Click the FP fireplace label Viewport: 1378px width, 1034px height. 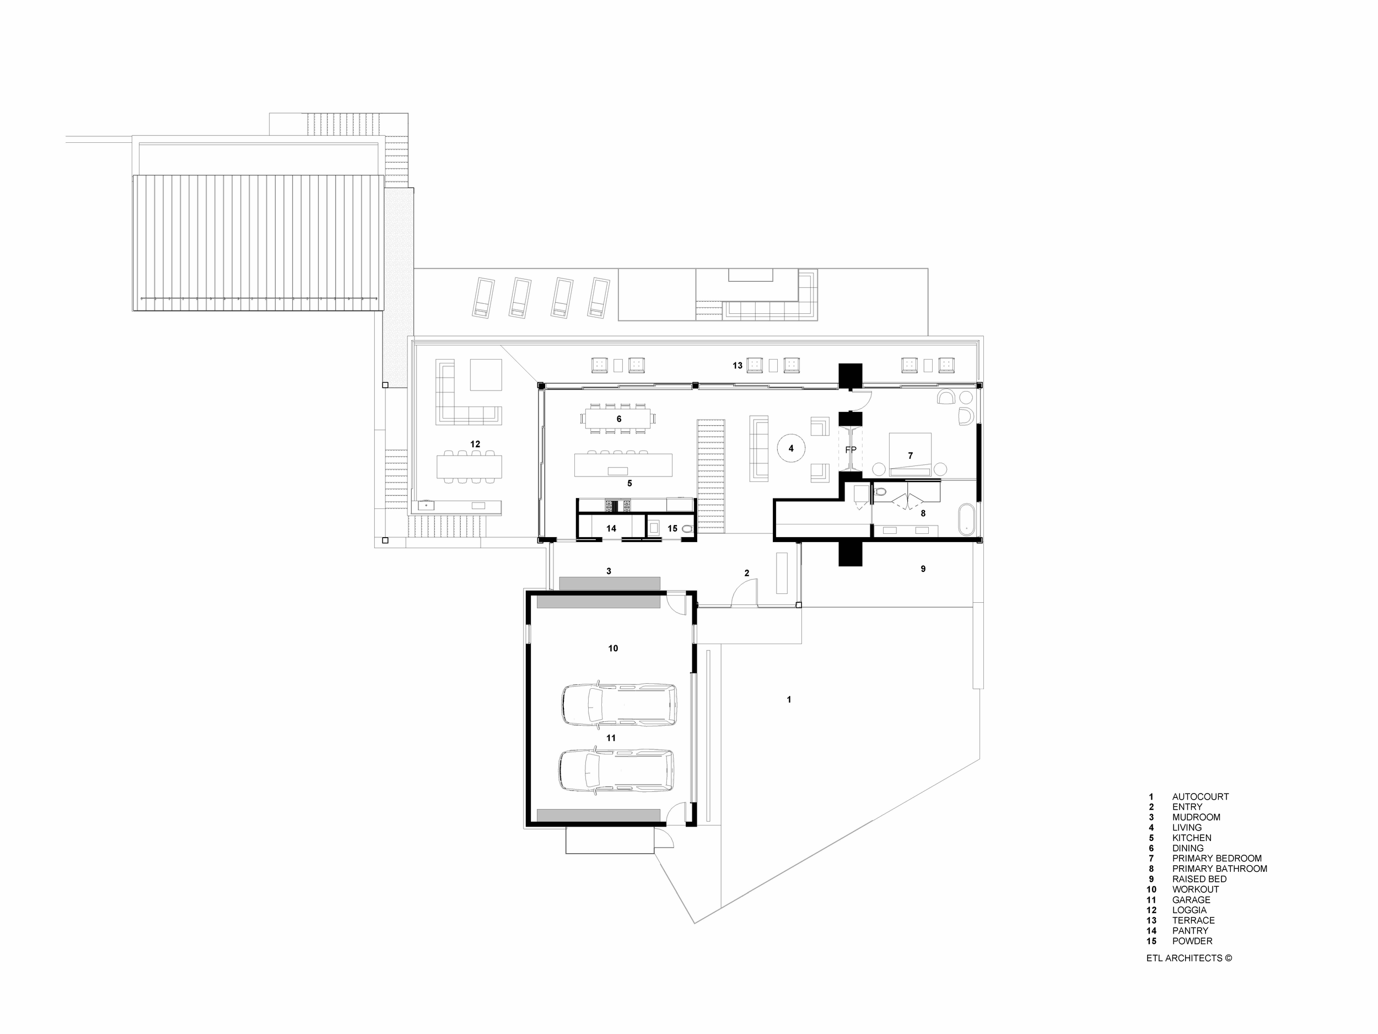[x=851, y=449]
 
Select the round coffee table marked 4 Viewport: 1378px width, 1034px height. [x=791, y=448]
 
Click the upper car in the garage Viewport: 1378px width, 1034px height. [x=619, y=704]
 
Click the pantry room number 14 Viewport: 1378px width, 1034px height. [x=611, y=528]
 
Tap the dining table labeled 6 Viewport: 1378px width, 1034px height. [x=618, y=418]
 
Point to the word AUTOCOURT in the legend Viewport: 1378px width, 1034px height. [x=1201, y=796]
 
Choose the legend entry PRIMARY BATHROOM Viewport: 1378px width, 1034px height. [x=1219, y=869]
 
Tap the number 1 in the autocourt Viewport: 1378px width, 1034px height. [x=789, y=700]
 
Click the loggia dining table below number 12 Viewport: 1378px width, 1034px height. [x=469, y=466]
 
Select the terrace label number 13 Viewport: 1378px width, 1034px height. [x=738, y=366]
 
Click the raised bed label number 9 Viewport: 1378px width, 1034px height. [x=923, y=569]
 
